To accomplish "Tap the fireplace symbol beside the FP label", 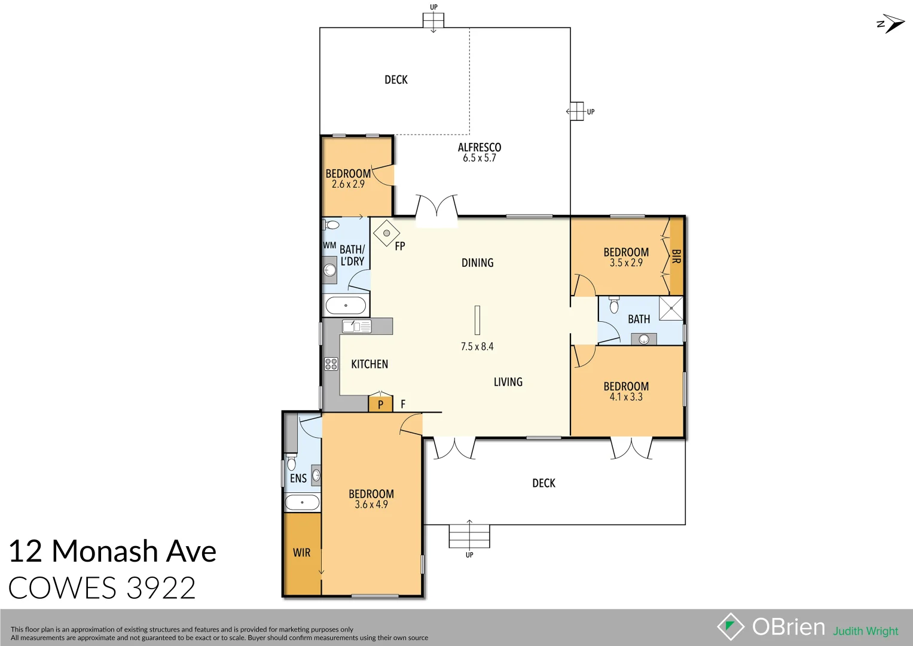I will (x=386, y=233).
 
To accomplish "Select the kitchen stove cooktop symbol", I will (x=331, y=364).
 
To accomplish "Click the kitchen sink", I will (x=356, y=326).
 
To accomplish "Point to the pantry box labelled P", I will (x=380, y=404).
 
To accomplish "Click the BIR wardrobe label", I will (x=676, y=257).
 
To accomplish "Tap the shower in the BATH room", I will (x=671, y=308).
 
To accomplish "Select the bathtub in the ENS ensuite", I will (x=302, y=502).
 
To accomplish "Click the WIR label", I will (x=301, y=553).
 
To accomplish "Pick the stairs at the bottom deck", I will (x=469, y=536).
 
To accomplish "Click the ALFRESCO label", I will (x=480, y=147).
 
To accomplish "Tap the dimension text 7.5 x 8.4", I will (x=477, y=346).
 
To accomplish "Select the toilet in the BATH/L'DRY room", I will (x=332, y=225).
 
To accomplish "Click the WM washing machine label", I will (x=329, y=245).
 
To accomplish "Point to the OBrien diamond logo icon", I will (x=730, y=627).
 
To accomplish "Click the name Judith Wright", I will (x=866, y=631).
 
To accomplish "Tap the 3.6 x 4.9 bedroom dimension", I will (x=371, y=505).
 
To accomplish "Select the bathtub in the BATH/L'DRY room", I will (x=346, y=306).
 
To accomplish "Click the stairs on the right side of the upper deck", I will (x=576, y=111).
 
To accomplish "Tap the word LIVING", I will (x=508, y=382).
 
